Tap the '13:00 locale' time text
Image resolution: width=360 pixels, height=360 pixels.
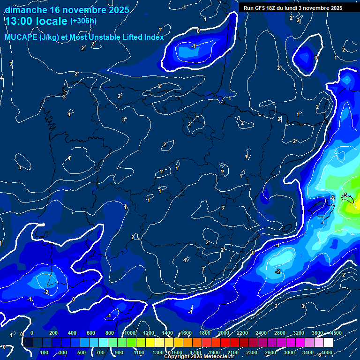coord(36,21)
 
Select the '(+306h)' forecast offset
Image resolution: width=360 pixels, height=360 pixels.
coord(83,21)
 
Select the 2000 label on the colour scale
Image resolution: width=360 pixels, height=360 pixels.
coord(223,333)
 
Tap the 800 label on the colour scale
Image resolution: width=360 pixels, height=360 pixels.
coord(110,333)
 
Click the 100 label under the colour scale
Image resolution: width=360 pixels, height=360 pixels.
coord(44,352)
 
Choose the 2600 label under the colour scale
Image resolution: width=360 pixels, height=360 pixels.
coord(270,352)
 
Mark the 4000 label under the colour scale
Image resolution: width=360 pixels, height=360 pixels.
coord(327,352)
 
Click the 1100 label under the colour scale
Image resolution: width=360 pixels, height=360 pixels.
coord(138,352)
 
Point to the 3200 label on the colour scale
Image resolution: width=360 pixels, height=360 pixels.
coord(299,333)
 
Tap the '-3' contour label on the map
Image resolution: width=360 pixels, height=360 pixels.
coord(345,195)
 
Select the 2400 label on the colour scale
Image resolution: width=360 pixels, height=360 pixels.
coord(261,333)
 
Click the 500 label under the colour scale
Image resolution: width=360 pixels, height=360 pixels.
coord(82,352)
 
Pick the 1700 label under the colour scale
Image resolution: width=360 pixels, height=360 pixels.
coord(195,352)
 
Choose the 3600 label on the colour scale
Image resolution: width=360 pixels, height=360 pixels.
coord(317,333)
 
